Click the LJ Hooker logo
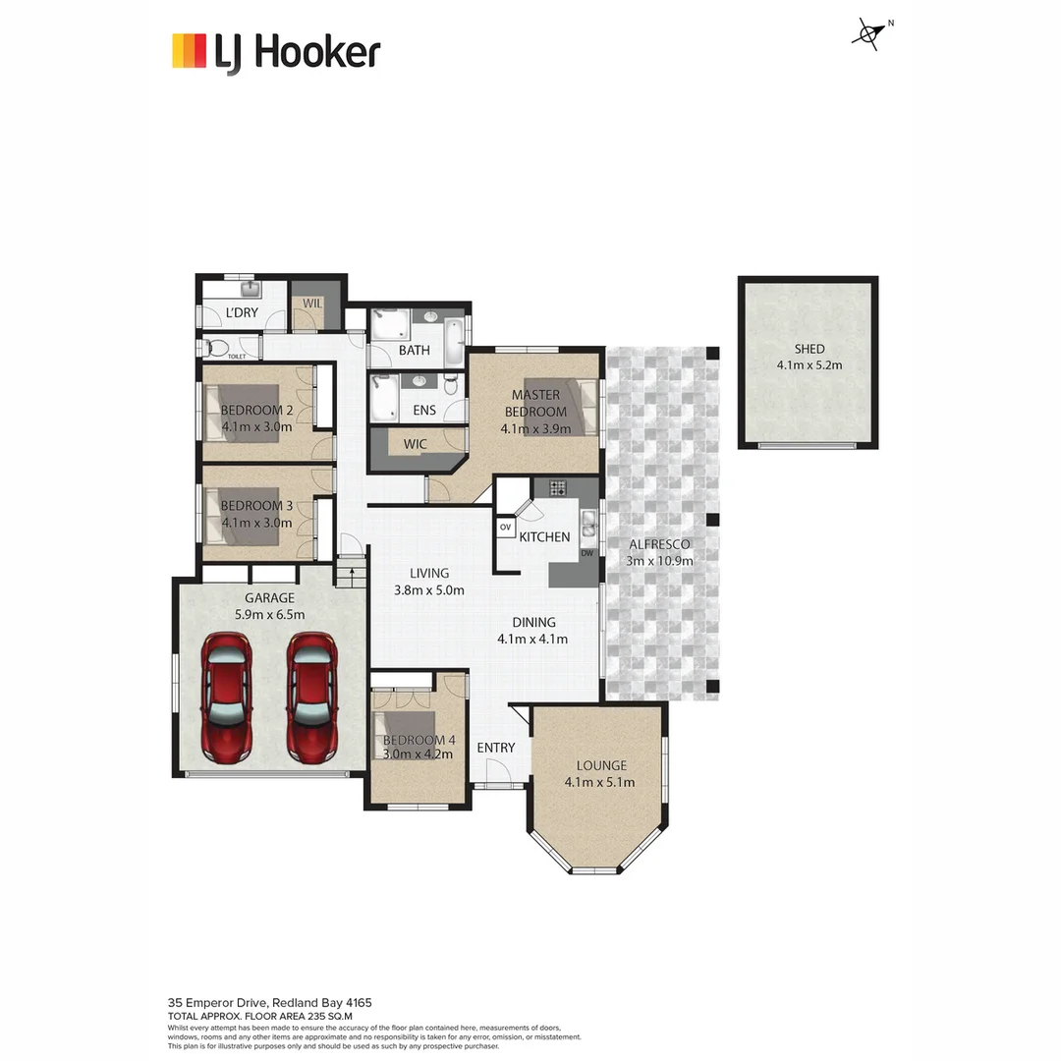(275, 51)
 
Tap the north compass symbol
(868, 34)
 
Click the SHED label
(810, 349)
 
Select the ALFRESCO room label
(659, 543)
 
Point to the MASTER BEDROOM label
(535, 403)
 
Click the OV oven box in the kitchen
(506, 528)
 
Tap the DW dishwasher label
(586, 553)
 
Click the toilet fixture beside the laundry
(215, 348)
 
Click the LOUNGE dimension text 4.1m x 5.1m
(599, 783)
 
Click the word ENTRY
(495, 748)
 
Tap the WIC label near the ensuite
(416, 444)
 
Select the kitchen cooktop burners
(558, 487)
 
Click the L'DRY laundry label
(242, 313)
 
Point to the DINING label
(533, 622)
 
